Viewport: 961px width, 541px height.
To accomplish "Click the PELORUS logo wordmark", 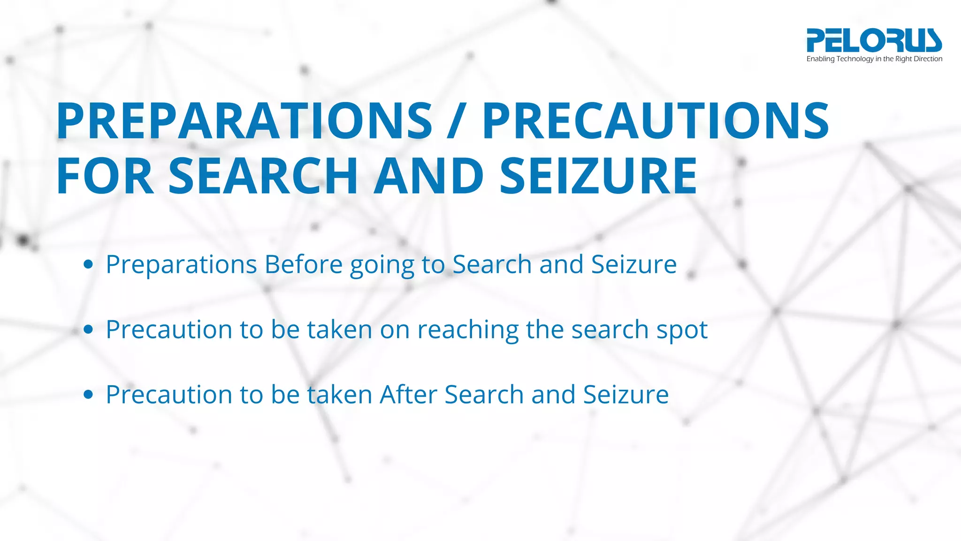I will pyautogui.click(x=874, y=40).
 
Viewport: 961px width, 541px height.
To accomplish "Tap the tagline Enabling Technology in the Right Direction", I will pyautogui.click(x=874, y=59).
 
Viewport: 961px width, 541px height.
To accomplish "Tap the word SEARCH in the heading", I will pyautogui.click(x=263, y=176).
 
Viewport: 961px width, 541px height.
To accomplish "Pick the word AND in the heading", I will pyautogui.click(x=428, y=176).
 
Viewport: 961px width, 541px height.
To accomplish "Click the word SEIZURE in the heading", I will pyautogui.click(x=598, y=176).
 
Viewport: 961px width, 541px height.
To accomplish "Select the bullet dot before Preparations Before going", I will pyautogui.click(x=88, y=264).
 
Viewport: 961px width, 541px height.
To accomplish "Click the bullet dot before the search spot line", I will pyautogui.click(x=88, y=330).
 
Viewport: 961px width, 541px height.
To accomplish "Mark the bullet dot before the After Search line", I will pyautogui.click(x=88, y=394).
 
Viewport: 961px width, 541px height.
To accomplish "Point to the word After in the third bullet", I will pyautogui.click(x=408, y=394).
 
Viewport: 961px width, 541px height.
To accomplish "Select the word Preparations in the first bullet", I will pyautogui.click(x=181, y=265).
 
